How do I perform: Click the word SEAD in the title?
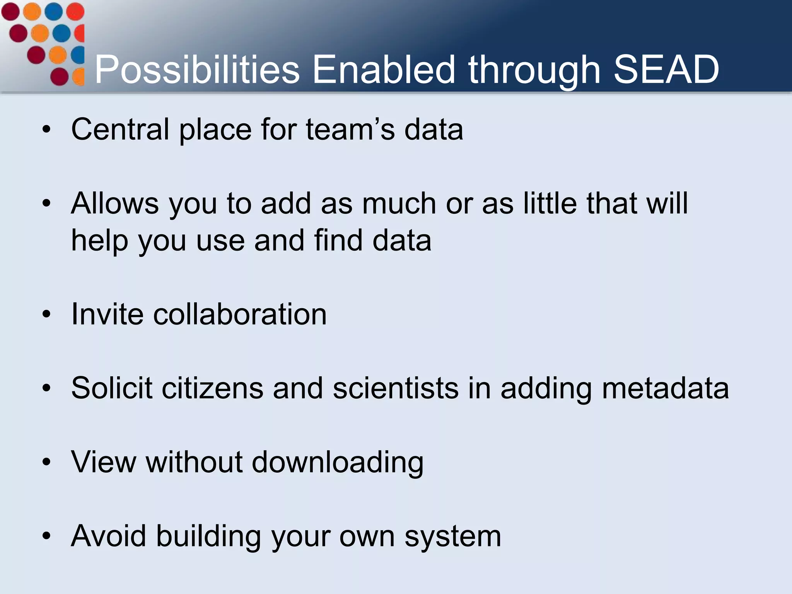click(666, 70)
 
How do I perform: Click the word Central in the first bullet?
click(120, 129)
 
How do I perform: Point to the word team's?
click(350, 129)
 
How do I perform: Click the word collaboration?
click(240, 314)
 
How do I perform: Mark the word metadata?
click(665, 388)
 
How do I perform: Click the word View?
click(104, 462)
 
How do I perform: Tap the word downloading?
click(338, 463)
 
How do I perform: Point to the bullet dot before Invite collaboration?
click(47, 314)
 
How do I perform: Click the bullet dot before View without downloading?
click(47, 462)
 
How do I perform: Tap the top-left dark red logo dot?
click(10, 11)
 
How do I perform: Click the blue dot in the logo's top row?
click(54, 11)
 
